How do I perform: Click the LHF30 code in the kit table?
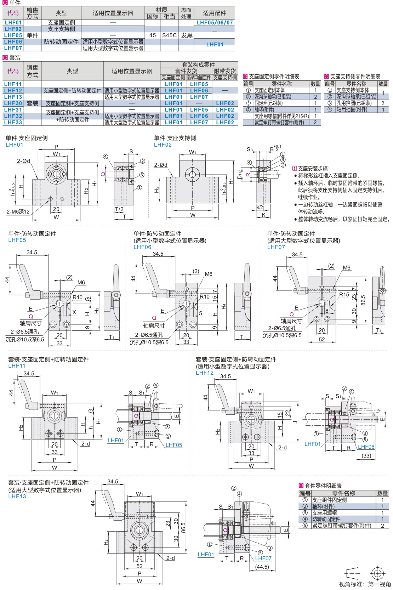(x=13, y=103)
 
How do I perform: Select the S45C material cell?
(x=169, y=35)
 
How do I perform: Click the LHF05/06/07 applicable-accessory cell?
(x=215, y=23)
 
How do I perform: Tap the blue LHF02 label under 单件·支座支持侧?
(x=163, y=145)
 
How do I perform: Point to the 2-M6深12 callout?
(x=18, y=212)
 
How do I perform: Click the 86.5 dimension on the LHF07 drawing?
(x=363, y=300)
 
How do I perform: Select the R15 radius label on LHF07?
(x=344, y=295)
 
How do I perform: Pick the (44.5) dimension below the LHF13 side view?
(x=262, y=567)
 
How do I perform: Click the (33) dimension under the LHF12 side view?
(x=366, y=455)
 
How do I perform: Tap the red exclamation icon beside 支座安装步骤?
(x=295, y=169)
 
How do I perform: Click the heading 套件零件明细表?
(x=323, y=486)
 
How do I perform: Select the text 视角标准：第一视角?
(x=365, y=584)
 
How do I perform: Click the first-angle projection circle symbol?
(x=377, y=573)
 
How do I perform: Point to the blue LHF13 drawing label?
(x=17, y=497)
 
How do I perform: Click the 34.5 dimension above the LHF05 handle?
(x=32, y=253)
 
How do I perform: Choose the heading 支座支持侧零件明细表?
(x=355, y=76)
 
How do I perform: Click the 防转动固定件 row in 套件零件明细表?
(x=326, y=519)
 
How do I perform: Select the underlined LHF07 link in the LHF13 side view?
(x=263, y=558)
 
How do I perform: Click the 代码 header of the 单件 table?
(x=13, y=13)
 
